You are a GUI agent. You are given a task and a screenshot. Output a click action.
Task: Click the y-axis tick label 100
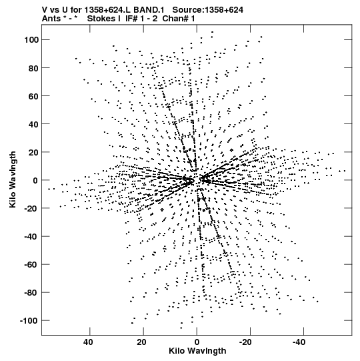31,40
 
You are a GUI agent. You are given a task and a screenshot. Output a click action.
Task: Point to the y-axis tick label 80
33,68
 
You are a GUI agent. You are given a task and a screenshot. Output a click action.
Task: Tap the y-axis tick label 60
33,96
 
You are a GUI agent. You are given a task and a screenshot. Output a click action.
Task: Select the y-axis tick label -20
31,208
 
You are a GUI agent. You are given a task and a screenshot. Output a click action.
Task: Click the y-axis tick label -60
31,264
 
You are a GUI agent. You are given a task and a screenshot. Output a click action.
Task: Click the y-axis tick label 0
35,180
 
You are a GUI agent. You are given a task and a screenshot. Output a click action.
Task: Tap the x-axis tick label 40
88,342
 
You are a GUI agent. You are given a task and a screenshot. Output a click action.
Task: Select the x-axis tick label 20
142,342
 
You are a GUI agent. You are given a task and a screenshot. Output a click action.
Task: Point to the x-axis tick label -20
245,342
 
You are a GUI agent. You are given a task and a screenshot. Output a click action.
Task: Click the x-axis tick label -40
299,342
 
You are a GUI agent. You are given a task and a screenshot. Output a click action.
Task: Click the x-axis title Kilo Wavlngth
197,351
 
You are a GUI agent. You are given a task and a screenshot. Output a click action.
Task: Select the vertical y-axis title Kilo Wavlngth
13,179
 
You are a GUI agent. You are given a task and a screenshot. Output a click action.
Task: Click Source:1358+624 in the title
208,10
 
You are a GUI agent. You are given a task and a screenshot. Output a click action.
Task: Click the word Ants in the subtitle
51,19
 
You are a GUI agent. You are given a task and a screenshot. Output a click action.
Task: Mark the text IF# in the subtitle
131,19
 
